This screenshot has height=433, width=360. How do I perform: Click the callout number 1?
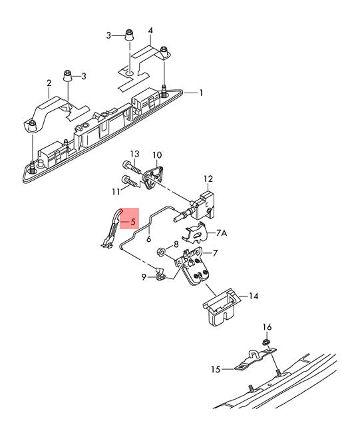[201, 93]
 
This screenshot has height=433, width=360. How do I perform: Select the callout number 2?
[49, 83]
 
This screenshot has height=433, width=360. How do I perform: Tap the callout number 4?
[150, 31]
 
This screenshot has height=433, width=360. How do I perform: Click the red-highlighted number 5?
[133, 222]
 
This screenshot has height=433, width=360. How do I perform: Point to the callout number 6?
[149, 238]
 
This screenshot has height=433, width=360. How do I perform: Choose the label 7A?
[221, 233]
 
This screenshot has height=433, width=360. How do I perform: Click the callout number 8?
[176, 244]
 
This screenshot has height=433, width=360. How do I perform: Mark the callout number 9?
[144, 277]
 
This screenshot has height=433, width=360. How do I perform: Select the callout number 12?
[208, 179]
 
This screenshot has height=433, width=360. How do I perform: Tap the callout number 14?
[254, 296]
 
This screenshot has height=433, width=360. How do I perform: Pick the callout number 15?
[216, 369]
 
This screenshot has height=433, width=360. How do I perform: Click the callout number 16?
[267, 327]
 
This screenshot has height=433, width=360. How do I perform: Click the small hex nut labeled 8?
[160, 252]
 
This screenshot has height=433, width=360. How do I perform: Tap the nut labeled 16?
[266, 342]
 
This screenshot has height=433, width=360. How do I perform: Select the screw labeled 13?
[132, 167]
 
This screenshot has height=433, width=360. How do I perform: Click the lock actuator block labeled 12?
[204, 205]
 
